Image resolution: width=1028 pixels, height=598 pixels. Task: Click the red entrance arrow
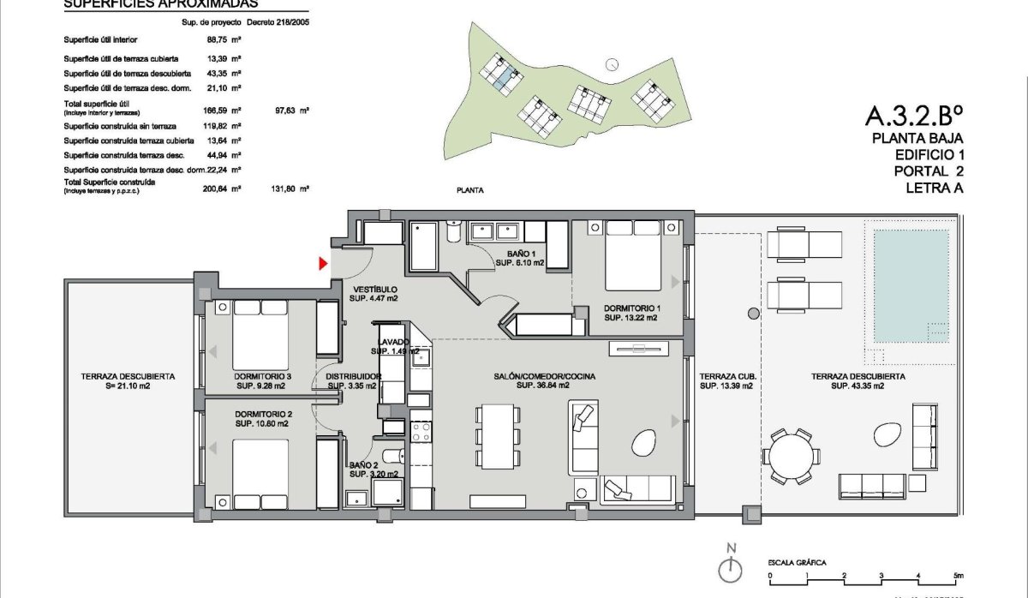point(323,264)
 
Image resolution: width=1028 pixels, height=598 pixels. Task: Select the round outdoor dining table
point(791,456)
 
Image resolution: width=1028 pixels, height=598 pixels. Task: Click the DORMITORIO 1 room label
point(632,308)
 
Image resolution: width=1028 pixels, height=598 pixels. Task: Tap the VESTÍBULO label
point(374,290)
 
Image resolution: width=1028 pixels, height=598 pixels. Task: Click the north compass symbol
point(729,567)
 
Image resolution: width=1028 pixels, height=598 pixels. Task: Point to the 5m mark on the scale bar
point(957,576)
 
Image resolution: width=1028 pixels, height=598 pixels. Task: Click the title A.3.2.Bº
point(915,116)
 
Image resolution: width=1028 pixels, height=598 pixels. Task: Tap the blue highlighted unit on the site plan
point(505,80)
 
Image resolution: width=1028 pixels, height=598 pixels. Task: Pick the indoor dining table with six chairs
point(498,434)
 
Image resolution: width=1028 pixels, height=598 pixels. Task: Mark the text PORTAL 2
point(923,171)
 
